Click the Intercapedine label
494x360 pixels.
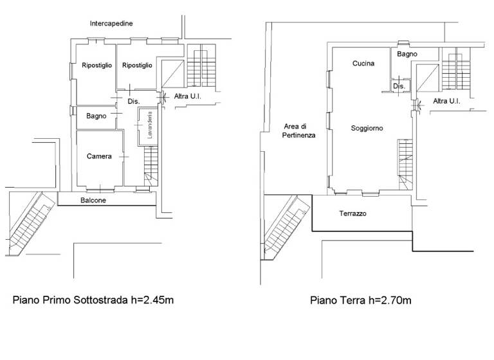pos(111,24)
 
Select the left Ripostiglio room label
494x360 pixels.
pos(97,66)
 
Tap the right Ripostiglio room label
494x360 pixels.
pos(137,66)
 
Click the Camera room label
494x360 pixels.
pos(100,156)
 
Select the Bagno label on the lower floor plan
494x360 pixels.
pos(96,116)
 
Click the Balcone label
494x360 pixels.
pos(93,201)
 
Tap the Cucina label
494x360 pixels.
pos(363,64)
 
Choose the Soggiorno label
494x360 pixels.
pos(367,129)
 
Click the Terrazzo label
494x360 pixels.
pos(352,213)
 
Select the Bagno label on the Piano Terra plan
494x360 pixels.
pos(407,55)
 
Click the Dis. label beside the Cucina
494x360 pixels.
pos(398,85)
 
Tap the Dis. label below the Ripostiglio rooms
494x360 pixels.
pos(133,102)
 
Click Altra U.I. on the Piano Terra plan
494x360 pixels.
pos(446,102)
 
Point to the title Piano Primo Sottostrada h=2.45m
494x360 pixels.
pos(93,300)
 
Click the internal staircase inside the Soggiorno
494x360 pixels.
pos(405,157)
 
